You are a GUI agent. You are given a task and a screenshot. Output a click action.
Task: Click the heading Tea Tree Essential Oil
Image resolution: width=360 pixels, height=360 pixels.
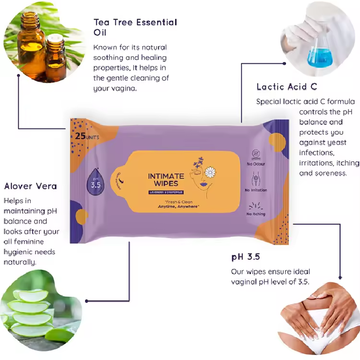pyautogui.click(x=135, y=27)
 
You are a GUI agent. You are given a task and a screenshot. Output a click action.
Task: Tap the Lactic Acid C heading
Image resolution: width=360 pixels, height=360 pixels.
pyautogui.click(x=287, y=87)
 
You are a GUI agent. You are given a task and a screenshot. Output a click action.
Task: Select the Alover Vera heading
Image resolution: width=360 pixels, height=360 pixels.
pyautogui.click(x=30, y=186)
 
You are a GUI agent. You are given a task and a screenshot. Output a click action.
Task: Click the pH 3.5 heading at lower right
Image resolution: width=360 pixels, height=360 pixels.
pyautogui.click(x=245, y=257)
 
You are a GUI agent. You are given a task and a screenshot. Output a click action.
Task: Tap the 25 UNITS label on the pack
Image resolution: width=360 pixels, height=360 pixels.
pyautogui.click(x=87, y=136)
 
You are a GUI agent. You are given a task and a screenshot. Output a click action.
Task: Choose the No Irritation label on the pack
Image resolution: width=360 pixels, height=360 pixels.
pyautogui.click(x=256, y=190)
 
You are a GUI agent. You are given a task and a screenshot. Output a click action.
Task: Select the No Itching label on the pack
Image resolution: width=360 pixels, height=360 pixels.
pyautogui.click(x=256, y=214)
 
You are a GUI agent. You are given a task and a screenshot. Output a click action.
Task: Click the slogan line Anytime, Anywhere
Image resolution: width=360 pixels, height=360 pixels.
pyautogui.click(x=179, y=206)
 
